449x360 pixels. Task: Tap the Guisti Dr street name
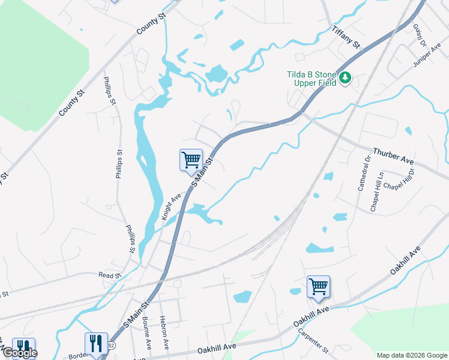(418, 35)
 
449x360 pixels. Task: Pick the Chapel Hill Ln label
(377, 192)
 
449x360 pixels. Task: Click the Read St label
(110, 275)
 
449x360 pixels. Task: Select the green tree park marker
(345, 78)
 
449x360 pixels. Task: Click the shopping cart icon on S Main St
(191, 160)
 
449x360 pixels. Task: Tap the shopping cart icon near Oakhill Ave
(318, 286)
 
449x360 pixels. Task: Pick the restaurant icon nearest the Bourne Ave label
(95, 344)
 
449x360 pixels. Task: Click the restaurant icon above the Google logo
(23, 347)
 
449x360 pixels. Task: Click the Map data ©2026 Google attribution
(411, 355)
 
